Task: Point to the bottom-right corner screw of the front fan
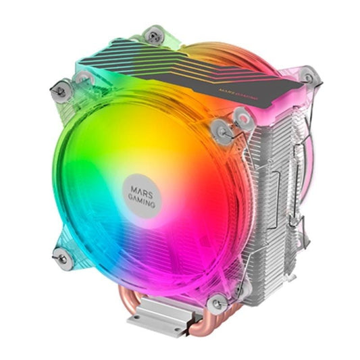[217, 303]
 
